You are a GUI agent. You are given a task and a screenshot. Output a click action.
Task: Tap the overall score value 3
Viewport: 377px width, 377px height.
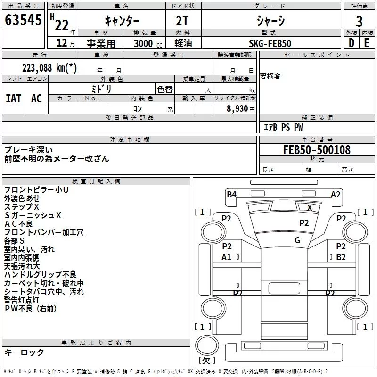coord(359,21)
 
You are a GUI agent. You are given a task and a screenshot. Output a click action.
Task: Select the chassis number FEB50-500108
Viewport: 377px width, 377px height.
coord(317,150)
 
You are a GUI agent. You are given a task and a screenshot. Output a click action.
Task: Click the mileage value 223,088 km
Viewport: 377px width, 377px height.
coord(49,67)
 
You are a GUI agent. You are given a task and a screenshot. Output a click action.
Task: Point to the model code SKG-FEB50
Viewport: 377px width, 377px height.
coord(270,43)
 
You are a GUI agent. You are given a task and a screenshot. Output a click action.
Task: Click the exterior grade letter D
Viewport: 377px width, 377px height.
coord(351,43)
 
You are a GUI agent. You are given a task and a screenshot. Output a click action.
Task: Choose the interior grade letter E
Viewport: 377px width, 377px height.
coord(366,43)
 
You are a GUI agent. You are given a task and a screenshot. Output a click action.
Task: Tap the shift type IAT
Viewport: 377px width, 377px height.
coord(13,98)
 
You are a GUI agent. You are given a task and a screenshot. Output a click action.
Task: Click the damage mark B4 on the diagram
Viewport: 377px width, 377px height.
coord(231,194)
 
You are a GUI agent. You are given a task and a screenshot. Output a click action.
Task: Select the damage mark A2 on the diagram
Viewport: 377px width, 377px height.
coord(336,194)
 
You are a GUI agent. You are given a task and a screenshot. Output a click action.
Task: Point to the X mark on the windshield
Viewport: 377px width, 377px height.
coord(310,207)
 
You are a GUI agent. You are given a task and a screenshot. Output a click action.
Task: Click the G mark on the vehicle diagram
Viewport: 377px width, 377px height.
coord(297,240)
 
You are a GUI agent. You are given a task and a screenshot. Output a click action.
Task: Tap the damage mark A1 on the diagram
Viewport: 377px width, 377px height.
coord(226,257)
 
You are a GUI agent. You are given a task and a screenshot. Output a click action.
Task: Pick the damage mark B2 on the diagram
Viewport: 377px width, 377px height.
coord(341,257)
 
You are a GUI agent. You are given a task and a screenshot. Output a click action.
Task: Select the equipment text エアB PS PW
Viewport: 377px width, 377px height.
coord(283,127)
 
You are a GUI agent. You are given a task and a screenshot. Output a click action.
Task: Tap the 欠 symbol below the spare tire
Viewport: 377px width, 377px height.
coord(206,360)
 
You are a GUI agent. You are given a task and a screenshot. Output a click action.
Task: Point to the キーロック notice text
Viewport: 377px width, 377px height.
coord(24,352)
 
